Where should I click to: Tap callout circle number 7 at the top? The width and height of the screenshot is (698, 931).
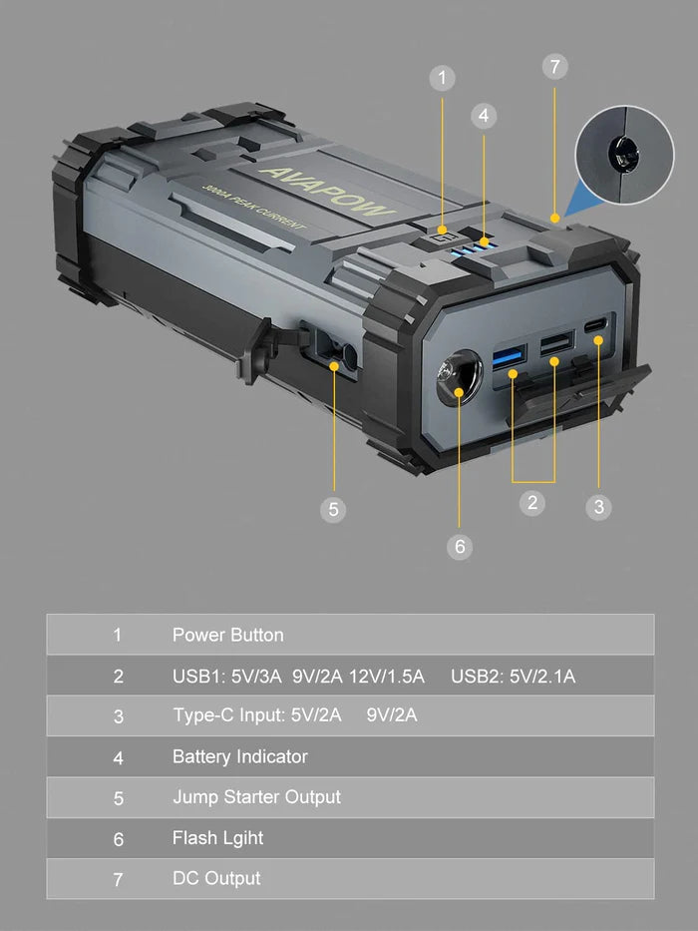click(x=555, y=67)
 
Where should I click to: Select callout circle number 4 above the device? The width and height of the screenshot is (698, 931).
click(x=484, y=116)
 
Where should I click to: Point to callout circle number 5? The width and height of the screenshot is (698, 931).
click(x=334, y=509)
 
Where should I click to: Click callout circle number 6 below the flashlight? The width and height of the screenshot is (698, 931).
click(x=460, y=546)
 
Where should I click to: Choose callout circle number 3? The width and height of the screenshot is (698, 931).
click(x=598, y=506)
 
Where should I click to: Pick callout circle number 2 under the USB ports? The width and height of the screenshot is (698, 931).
click(x=532, y=502)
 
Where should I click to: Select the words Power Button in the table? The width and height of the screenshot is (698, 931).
click(x=227, y=635)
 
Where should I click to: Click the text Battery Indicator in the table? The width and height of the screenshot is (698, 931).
click(x=239, y=756)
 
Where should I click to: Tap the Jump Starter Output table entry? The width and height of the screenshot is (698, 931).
click(x=256, y=797)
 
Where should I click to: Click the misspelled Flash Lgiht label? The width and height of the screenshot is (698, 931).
click(x=217, y=838)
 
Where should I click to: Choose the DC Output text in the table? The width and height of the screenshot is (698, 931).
click(x=216, y=878)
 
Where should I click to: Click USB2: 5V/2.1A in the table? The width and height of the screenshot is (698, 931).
click(x=513, y=676)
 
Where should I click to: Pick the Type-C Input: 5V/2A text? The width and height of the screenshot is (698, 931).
click(x=258, y=715)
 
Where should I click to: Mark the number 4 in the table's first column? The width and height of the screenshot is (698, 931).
click(x=118, y=757)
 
